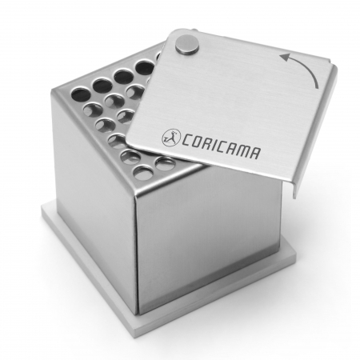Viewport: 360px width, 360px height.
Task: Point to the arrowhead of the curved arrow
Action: click(284, 57)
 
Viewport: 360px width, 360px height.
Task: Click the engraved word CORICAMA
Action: click(220, 146)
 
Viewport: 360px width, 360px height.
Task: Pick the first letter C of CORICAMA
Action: click(186, 139)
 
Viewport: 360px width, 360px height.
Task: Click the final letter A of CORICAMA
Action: click(254, 153)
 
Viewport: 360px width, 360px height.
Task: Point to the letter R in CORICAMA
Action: click(207, 143)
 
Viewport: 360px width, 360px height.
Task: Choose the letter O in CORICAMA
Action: click(197, 142)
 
